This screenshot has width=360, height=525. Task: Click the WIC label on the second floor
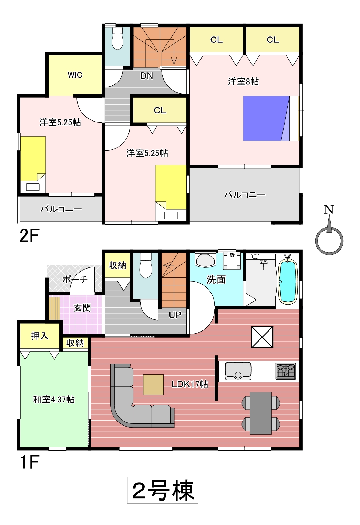[x=75, y=75]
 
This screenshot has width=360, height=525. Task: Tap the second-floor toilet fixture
[x=117, y=39]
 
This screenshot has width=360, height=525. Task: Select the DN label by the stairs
[x=146, y=76]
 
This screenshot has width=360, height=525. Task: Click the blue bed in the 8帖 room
[x=271, y=118]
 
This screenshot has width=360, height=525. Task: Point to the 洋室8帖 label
[x=244, y=82]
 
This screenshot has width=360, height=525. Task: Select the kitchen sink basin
[x=238, y=371]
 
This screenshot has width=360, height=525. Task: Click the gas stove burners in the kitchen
[x=286, y=371]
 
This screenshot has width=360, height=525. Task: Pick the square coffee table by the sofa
[x=153, y=385]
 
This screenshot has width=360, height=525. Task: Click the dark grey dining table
[x=261, y=413]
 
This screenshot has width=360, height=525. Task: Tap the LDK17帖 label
[x=190, y=385]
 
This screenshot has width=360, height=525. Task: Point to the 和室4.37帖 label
[x=54, y=399]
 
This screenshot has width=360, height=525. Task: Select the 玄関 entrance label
[x=82, y=308]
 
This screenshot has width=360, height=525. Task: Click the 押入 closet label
[x=40, y=336]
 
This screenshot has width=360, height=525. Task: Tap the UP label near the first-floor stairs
[x=175, y=315]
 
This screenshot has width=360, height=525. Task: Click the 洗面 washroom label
[x=216, y=280]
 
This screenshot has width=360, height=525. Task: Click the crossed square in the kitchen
[x=262, y=337]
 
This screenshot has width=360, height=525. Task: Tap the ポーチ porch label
[x=75, y=280]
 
